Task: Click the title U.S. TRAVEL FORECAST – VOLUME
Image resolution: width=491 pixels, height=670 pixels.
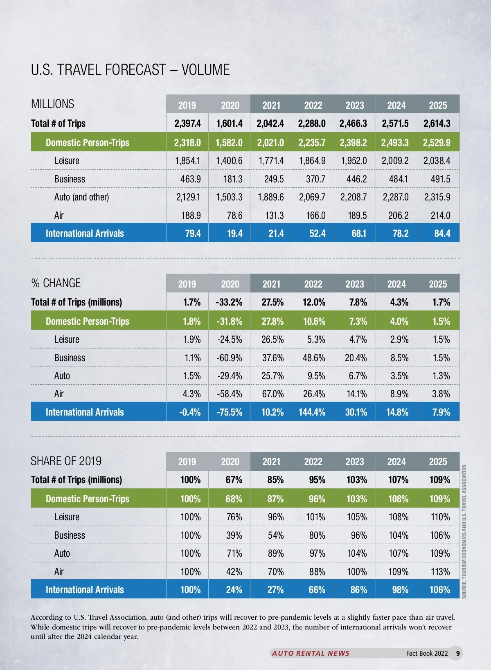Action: [130, 70]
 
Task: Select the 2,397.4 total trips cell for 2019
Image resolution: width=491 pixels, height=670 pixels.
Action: [187, 124]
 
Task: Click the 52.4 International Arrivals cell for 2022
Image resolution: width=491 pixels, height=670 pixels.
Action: [317, 234]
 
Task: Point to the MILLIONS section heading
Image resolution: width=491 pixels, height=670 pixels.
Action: [53, 104]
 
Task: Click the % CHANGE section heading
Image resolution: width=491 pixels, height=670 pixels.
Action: [56, 283]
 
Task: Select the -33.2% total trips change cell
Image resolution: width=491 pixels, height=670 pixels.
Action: [229, 302]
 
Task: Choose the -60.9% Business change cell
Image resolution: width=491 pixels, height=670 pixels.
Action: [229, 358]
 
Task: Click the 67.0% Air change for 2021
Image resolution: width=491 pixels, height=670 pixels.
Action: [273, 394]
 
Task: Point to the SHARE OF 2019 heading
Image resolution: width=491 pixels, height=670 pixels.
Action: [66, 461]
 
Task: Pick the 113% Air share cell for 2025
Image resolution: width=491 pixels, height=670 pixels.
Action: [440, 572]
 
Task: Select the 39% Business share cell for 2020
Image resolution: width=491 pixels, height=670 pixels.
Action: [234, 535]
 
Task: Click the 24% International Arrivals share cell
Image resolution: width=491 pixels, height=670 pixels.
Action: [234, 590]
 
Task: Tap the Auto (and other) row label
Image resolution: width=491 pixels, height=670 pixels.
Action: [81, 197]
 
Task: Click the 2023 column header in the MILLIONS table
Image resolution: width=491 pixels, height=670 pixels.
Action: [355, 105]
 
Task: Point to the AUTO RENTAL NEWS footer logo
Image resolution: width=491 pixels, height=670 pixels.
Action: [311, 653]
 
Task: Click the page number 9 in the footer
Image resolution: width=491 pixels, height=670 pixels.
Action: [457, 653]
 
